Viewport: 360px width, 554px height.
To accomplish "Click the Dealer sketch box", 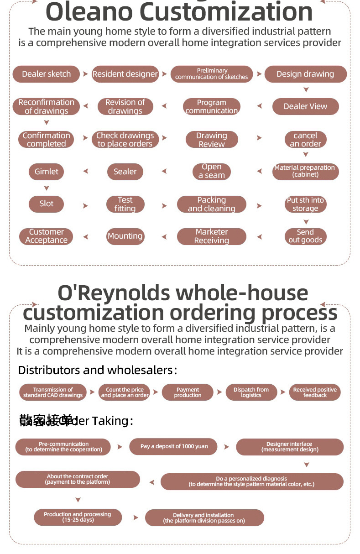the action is (46, 74).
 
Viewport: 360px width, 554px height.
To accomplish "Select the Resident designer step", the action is (125, 74).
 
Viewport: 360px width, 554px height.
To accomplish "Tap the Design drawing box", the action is (305, 74).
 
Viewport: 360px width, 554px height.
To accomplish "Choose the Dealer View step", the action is (305, 106).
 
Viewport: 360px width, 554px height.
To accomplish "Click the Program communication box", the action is (211, 106).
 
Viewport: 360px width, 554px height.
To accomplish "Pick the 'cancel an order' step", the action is (305, 139).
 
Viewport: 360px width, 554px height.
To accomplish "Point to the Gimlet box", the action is (46, 172).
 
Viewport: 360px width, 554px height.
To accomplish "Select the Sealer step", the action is (125, 172).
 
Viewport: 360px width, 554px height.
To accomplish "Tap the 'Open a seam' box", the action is (211, 171).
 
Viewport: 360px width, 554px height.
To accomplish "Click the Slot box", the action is (46, 204).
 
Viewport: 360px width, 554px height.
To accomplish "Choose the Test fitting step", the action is (125, 204).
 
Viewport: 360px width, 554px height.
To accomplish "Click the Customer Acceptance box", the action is (46, 236).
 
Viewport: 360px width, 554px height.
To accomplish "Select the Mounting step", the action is (125, 236).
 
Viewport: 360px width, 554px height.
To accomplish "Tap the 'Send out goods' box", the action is (305, 236).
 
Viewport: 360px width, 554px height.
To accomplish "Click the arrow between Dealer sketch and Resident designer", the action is (85, 74).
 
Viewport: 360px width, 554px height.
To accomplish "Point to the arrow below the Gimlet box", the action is (46, 188).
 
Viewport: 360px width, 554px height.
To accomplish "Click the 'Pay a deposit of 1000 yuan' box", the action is (174, 446).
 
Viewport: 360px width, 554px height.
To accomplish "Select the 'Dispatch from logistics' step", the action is (251, 392).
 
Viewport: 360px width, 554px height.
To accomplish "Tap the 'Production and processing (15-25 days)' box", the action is (78, 517).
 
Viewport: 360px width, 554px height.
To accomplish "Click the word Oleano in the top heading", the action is (95, 12).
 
